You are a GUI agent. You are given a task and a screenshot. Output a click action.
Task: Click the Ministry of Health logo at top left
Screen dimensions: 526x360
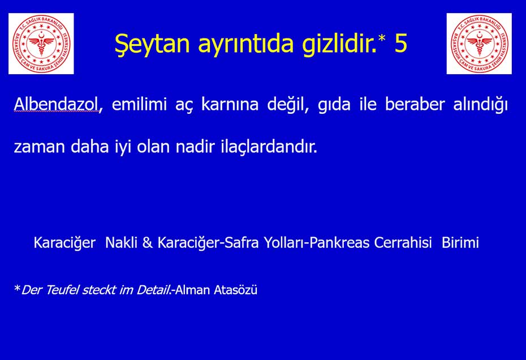tap(41, 44)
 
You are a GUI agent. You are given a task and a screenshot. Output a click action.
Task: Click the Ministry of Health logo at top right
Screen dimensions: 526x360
tap(479, 44)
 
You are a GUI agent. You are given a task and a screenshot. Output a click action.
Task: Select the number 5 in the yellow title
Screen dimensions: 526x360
tap(400, 43)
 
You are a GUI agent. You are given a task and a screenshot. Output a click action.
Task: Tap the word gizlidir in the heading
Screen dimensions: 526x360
tap(338, 44)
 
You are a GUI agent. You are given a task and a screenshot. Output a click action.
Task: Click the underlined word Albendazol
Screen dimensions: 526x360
tap(55, 104)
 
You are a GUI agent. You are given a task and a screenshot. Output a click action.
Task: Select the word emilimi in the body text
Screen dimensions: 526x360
tap(139, 104)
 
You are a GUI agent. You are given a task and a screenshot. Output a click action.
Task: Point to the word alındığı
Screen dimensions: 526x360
tap(480, 105)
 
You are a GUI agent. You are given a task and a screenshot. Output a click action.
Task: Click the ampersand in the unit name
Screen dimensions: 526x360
tap(147, 242)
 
